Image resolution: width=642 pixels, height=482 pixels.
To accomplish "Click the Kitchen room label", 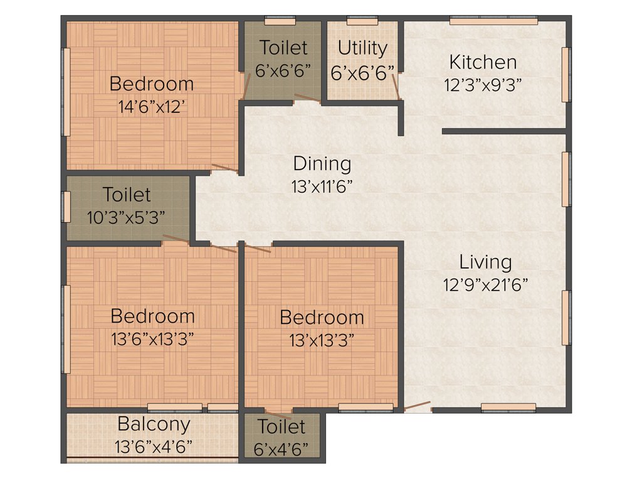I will [x=483, y=62].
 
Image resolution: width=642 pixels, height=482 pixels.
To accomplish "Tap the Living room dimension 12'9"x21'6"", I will [x=485, y=284].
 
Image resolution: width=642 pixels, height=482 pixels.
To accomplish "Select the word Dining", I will [x=322, y=164].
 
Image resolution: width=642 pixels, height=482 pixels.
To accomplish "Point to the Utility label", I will [x=362, y=48].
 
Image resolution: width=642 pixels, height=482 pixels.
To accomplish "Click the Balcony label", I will [x=154, y=424].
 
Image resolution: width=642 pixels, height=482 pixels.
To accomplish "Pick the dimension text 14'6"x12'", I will [x=151, y=107].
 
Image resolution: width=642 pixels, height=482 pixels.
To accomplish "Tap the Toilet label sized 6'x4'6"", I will [x=282, y=427].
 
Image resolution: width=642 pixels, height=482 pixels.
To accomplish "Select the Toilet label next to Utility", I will [x=283, y=48].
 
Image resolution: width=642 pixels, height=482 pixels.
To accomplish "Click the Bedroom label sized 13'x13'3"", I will [x=322, y=317].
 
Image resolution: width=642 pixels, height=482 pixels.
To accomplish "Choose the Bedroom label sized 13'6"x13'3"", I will [x=152, y=316].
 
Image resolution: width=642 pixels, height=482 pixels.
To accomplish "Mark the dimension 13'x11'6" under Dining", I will [x=322, y=186].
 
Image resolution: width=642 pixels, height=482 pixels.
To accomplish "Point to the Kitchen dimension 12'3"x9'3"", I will [x=483, y=85].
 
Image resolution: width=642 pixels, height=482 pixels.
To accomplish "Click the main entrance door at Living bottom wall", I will [x=417, y=407].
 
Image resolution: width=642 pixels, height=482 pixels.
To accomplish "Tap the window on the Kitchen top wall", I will [x=493, y=21].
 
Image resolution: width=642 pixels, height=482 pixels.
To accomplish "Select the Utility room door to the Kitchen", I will [x=395, y=85].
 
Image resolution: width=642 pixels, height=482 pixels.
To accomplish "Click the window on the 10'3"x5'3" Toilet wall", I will [x=66, y=206].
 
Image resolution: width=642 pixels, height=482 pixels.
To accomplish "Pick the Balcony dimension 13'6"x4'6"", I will [x=154, y=447].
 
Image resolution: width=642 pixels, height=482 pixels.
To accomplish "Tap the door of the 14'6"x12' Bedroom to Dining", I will [x=224, y=168].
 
